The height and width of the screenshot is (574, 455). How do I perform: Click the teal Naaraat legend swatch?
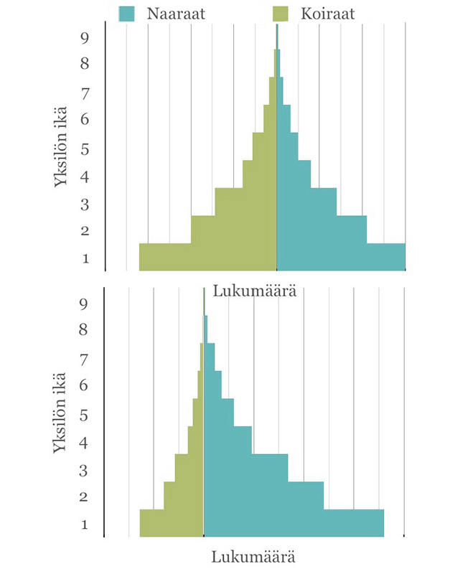pyautogui.click(x=126, y=14)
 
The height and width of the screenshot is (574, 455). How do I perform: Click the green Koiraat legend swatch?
pyautogui.click(x=281, y=14)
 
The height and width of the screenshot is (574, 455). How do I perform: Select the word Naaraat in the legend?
pyautogui.click(x=176, y=14)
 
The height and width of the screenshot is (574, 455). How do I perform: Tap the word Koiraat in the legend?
pyautogui.click(x=328, y=14)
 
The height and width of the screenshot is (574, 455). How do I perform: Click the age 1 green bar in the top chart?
pyautogui.click(x=208, y=257)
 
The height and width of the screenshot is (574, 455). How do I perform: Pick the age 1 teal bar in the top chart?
pyautogui.click(x=341, y=257)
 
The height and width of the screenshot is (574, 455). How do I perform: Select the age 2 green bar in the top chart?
pyautogui.click(x=234, y=229)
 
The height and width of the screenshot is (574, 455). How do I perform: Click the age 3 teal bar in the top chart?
pyautogui.click(x=306, y=202)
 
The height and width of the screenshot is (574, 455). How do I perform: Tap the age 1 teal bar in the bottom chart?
pyautogui.click(x=294, y=523)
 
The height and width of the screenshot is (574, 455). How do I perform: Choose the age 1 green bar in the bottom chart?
pyautogui.click(x=172, y=523)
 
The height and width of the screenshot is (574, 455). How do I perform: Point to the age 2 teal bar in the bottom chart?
pyautogui.click(x=263, y=495)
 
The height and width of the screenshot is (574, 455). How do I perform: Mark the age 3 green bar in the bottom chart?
pyautogui.click(x=189, y=468)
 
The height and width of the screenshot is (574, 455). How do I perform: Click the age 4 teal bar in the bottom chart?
pyautogui.click(x=227, y=440)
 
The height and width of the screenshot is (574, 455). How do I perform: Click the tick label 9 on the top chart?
pyautogui.click(x=85, y=38)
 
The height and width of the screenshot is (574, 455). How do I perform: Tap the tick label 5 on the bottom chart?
pyautogui.click(x=83, y=415)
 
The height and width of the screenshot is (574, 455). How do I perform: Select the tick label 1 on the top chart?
pyautogui.click(x=85, y=258)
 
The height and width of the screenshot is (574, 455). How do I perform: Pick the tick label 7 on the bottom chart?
pyautogui.click(x=84, y=360)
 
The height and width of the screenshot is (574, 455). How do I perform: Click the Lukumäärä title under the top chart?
pyautogui.click(x=255, y=291)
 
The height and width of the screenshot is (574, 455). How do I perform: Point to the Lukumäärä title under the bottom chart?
pyautogui.click(x=253, y=557)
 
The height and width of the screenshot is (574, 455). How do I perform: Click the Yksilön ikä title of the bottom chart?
pyautogui.click(x=60, y=413)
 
